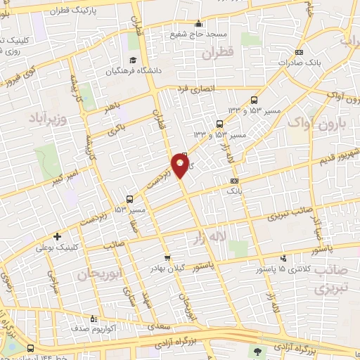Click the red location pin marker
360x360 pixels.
181,166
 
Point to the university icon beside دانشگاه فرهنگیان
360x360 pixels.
131,60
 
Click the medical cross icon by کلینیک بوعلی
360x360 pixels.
57,236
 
